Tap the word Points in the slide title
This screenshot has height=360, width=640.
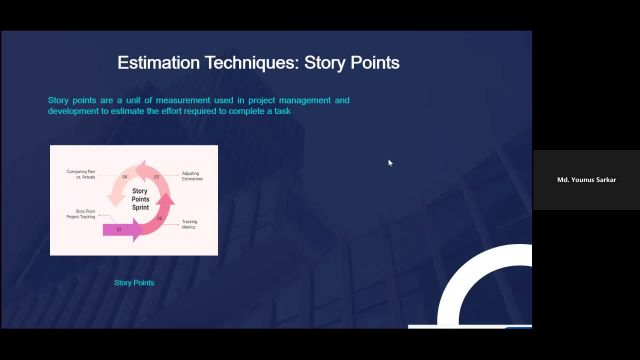point(374,63)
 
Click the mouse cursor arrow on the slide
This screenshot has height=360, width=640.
point(390,162)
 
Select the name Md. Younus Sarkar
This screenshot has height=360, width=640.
point(586,180)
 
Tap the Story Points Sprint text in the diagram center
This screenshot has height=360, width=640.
point(140,199)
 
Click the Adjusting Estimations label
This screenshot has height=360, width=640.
point(191,176)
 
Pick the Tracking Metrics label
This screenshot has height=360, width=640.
point(188,224)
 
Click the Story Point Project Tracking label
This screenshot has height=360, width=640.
point(81,214)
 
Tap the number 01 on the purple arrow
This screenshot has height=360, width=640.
point(119,229)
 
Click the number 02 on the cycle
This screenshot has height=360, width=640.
point(160,218)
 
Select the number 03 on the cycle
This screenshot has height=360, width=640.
point(157,176)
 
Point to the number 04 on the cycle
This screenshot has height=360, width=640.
point(125,176)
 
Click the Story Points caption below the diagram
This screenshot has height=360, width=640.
point(134,283)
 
